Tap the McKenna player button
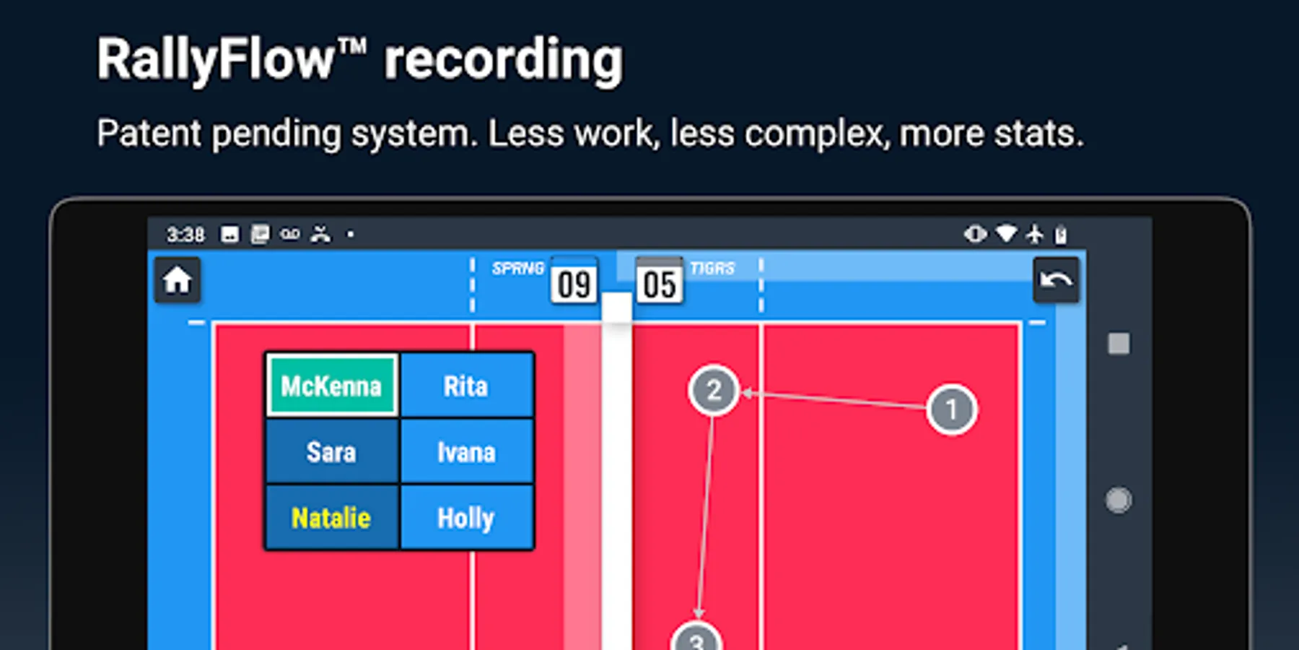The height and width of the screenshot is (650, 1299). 331,386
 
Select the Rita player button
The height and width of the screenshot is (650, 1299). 466,386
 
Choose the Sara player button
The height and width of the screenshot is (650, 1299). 331,452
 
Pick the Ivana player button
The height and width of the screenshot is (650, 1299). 466,452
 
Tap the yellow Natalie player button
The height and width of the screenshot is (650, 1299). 331,518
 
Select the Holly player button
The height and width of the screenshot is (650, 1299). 466,518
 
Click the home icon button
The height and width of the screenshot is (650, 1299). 178,280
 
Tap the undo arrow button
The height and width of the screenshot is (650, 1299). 1056,280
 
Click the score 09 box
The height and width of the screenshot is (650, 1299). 574,283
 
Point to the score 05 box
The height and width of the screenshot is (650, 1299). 660,283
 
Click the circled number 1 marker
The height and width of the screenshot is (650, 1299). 951,409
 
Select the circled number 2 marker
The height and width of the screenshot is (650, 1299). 714,391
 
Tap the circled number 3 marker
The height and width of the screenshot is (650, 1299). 696,639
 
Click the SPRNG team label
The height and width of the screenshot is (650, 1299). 517,269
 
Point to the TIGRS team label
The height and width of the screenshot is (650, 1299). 712,269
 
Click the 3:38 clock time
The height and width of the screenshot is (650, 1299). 185,235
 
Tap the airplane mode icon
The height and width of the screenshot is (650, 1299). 1035,234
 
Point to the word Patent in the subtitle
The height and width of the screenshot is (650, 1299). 149,134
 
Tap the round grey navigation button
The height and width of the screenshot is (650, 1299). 1118,500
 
